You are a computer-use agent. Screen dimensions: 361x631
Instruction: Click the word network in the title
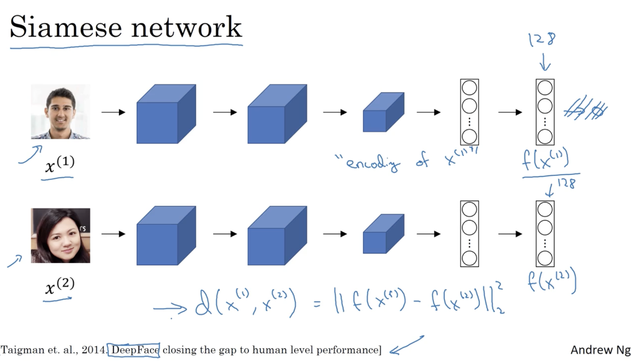click(187, 27)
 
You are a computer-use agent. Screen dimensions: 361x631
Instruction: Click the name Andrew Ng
click(600, 350)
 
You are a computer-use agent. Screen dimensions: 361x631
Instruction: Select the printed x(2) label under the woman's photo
click(59, 286)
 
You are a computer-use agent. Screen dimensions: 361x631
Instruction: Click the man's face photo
click(61, 112)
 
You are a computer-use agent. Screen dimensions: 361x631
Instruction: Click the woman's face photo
click(61, 235)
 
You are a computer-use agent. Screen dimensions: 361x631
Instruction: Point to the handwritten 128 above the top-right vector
click(542, 40)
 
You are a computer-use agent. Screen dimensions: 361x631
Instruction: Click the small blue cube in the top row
click(383, 112)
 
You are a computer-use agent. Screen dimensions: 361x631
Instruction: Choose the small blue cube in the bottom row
click(383, 234)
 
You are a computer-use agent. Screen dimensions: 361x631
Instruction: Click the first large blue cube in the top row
click(166, 114)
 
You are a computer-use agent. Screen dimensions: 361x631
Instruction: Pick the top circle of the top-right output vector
click(545, 88)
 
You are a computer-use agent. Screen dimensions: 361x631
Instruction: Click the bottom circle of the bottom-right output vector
click(545, 258)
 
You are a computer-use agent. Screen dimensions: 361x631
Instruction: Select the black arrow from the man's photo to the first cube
click(113, 112)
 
